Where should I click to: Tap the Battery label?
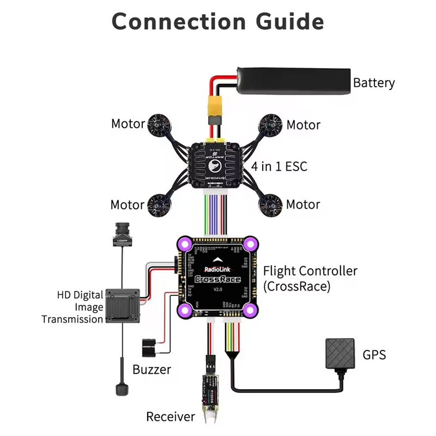(373, 83)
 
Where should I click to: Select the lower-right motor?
(270, 204)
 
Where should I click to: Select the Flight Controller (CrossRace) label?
(310, 278)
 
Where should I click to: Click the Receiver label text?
(170, 417)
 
